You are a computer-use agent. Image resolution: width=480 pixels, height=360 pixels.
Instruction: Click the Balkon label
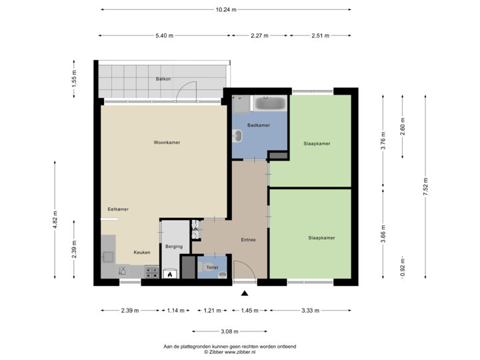pos(163,79)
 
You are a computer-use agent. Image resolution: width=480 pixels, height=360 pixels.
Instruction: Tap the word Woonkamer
pos(167,143)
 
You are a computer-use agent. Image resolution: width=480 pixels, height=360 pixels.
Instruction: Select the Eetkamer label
pos(118,209)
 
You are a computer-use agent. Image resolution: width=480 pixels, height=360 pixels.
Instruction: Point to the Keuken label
pos(141,253)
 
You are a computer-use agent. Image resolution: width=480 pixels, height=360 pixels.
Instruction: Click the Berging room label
pos(174,246)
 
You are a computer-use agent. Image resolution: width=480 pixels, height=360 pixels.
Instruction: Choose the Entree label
pos(248,240)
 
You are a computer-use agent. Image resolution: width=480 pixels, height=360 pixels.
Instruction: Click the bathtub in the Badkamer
pos(270,103)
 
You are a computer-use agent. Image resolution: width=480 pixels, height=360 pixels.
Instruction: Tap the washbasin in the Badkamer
pos(237,137)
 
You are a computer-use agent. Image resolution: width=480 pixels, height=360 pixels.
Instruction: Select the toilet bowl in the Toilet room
pos(222,267)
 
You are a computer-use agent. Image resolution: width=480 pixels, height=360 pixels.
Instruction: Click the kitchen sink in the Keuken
pos(107,255)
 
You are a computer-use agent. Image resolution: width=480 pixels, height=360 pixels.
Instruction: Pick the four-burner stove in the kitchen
pos(151,272)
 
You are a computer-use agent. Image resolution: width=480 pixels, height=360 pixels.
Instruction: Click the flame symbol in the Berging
pos(170,273)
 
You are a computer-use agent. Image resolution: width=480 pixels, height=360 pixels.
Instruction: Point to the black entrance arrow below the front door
pos(244,293)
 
